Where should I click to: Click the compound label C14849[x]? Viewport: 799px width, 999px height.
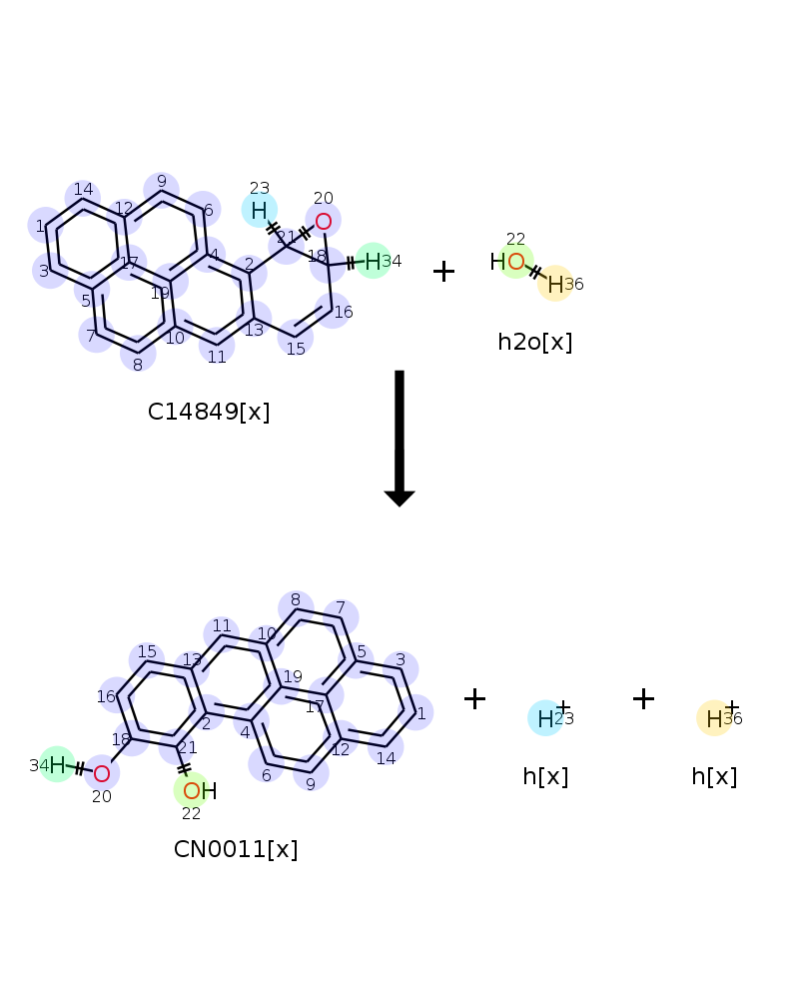pyautogui.click(x=209, y=412)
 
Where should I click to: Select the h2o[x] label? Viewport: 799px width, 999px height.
pyautogui.click(x=534, y=342)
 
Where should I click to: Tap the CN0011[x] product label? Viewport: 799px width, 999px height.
pyautogui.click(x=236, y=849)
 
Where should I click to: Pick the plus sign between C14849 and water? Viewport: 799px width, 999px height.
pyautogui.click(x=443, y=271)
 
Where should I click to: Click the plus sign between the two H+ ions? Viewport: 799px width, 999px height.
pyautogui.click(x=643, y=699)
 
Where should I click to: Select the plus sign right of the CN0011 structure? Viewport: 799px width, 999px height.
pyautogui.click(x=474, y=699)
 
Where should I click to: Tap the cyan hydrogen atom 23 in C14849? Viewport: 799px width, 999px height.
pyautogui.click(x=259, y=210)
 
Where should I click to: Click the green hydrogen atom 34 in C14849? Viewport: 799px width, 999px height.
pyautogui.click(x=373, y=262)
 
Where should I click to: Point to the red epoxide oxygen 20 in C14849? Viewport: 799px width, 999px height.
pyautogui.click(x=323, y=221)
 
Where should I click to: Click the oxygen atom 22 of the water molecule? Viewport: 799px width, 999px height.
pyautogui.click(x=515, y=263)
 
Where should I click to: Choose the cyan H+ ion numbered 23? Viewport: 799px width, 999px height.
pyautogui.click(x=545, y=718)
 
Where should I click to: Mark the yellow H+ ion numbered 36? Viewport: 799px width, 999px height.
pyautogui.click(x=714, y=718)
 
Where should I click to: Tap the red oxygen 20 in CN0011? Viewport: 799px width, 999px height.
pyautogui.click(x=101, y=773)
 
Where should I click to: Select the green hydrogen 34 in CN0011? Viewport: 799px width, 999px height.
pyautogui.click(x=57, y=765)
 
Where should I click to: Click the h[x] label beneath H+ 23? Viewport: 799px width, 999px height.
pyautogui.click(x=545, y=776)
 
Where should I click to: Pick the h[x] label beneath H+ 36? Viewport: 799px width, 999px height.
pyautogui.click(x=714, y=776)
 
